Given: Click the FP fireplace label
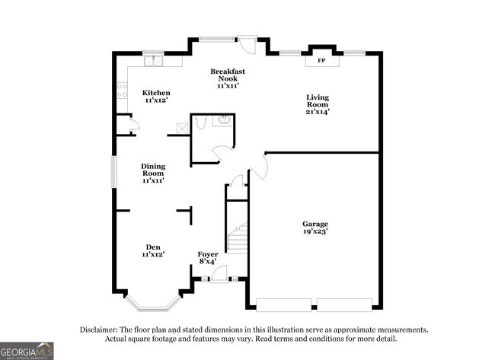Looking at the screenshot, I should pyautogui.click(x=321, y=60).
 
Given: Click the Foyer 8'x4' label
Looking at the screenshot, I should pyautogui.click(x=208, y=257).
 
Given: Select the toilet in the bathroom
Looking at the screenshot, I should pyautogui.click(x=200, y=122).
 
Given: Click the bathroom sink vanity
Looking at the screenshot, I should pyautogui.click(x=223, y=120).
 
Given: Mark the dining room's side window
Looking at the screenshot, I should pyautogui.click(x=114, y=170).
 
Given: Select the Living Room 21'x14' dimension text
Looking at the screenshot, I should pyautogui.click(x=318, y=112).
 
